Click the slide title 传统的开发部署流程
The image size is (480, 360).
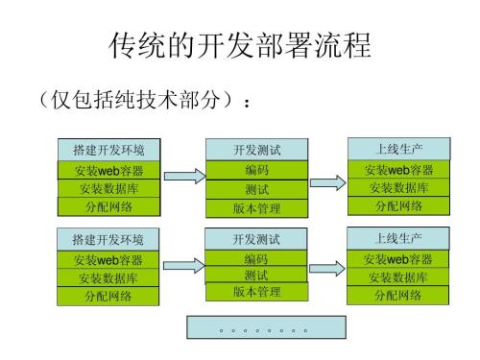pos(239,46)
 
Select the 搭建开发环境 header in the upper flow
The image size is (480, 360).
pos(108,150)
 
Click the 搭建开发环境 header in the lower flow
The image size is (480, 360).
pos(108,239)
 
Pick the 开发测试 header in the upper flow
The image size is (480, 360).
pos(256,150)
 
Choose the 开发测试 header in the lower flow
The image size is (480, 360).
pos(256,239)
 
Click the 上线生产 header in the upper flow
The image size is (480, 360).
pos(398,149)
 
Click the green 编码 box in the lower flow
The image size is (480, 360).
pos(256,259)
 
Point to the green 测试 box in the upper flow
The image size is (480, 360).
pos(256,189)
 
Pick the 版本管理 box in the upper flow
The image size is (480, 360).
pos(256,208)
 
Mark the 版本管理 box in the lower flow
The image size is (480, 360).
pos(256,292)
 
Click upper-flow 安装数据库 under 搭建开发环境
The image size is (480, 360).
pos(108,188)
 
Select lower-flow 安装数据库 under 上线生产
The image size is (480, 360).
pos(398,277)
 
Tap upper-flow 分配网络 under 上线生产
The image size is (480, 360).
pos(398,205)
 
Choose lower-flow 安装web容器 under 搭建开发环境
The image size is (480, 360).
pos(108,259)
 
